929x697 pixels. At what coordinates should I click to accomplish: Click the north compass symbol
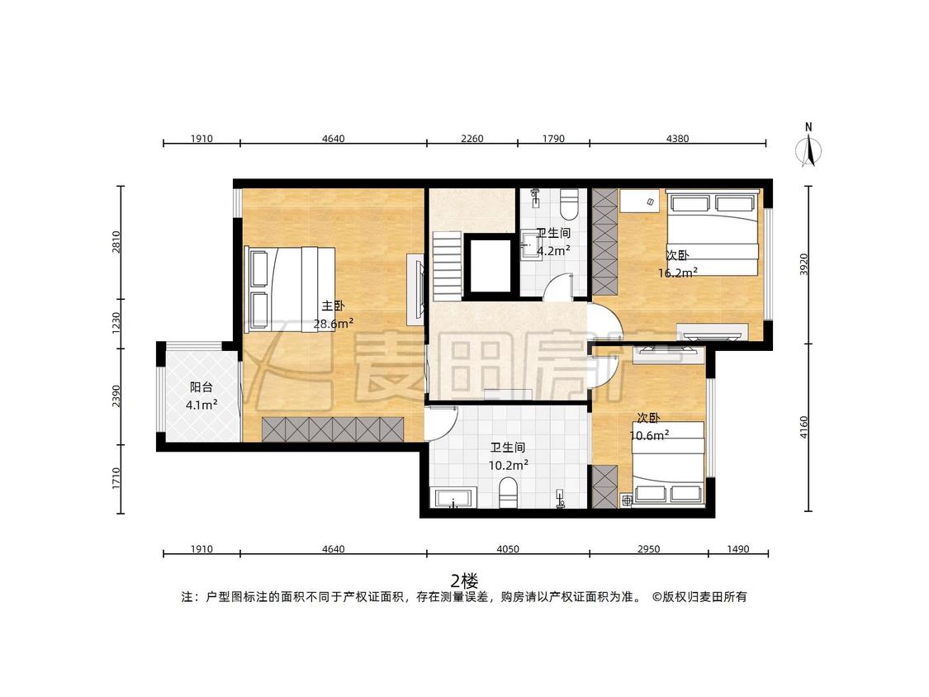pyautogui.click(x=808, y=146)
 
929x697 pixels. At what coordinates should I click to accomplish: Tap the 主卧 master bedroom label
pyautogui.click(x=333, y=306)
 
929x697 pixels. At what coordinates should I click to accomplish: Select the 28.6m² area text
pyautogui.click(x=334, y=324)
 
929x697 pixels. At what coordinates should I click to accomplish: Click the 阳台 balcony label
pyautogui.click(x=201, y=387)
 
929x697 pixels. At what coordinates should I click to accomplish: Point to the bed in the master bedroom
pyautogui.click(x=290, y=289)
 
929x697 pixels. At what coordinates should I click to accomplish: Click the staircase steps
pyautogui.click(x=446, y=266)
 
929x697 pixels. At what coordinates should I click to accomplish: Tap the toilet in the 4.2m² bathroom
pyautogui.click(x=570, y=203)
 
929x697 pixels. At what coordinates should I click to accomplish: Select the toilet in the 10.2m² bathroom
pyautogui.click(x=509, y=493)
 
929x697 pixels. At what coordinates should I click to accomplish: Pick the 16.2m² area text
pyautogui.click(x=678, y=273)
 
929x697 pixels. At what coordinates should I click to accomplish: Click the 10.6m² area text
pyautogui.click(x=649, y=436)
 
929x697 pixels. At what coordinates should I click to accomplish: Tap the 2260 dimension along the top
pyautogui.click(x=472, y=139)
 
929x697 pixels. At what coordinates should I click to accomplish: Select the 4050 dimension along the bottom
pyautogui.click(x=508, y=549)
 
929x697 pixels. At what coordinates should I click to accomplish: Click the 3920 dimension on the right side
pyautogui.click(x=804, y=264)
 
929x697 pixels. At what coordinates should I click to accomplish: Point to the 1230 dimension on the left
pyautogui.click(x=116, y=323)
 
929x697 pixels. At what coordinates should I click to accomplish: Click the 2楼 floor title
pyautogui.click(x=464, y=581)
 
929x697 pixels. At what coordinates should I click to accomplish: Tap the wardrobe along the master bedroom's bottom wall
pyautogui.click(x=333, y=429)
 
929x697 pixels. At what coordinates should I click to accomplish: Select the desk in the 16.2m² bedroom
pyautogui.click(x=640, y=202)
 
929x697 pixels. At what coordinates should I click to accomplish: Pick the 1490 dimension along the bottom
pyautogui.click(x=737, y=549)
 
